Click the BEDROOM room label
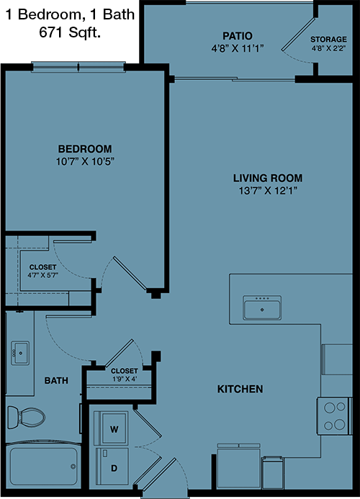pos(85,149)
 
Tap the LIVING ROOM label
pos(268,178)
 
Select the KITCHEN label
pos(240,389)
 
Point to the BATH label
pos(56,380)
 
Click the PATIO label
pos(238,36)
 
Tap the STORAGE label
pos(328,39)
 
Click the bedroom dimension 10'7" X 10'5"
pos(85,161)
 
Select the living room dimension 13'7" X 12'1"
pos(268,191)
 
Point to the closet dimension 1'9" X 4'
pos(125,379)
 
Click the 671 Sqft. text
pos(70,32)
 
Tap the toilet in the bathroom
pos(26,417)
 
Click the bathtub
pos(44,466)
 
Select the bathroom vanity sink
pos(20,353)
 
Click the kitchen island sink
pos(262,307)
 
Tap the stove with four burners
pos(334,415)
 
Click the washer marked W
pos(112,428)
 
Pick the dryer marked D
pos(112,466)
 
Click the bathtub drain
pos(73,467)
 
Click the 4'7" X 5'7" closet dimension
pos(42,275)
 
